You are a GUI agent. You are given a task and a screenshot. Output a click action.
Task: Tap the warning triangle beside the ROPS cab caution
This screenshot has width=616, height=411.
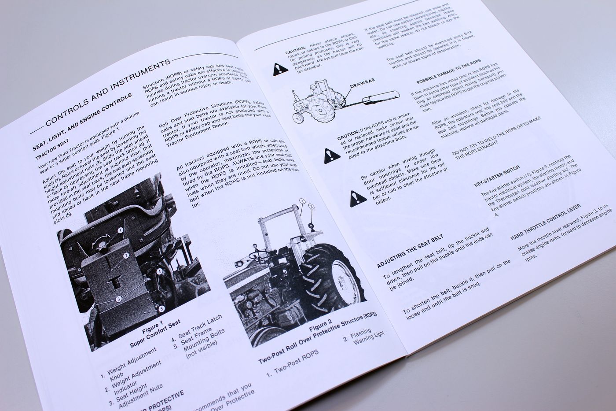[329, 155]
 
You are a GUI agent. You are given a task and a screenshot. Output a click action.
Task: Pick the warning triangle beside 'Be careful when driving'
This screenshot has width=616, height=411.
[355, 199]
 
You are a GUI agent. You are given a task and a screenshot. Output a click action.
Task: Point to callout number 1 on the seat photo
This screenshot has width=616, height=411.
[120, 230]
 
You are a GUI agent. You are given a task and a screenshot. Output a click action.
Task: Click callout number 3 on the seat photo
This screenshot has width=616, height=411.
[119, 299]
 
